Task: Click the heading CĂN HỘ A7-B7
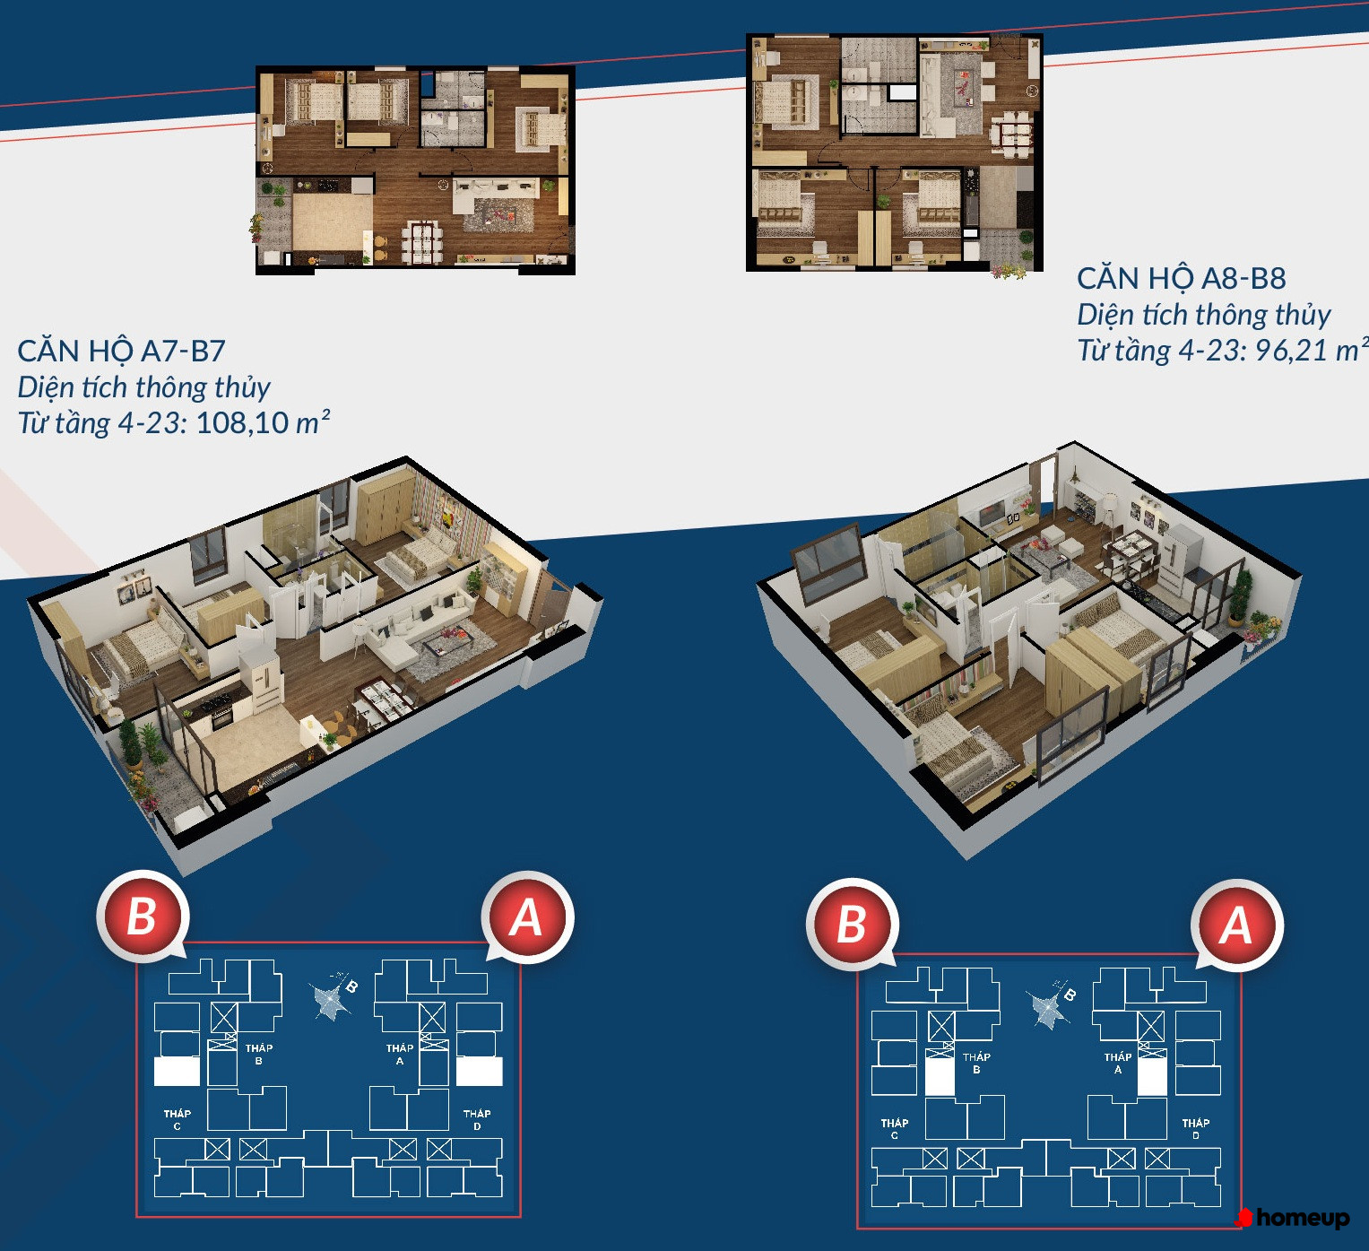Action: coord(121,351)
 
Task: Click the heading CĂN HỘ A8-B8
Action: coord(1182,278)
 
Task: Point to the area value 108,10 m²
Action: coord(264,422)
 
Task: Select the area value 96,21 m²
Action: coord(1311,350)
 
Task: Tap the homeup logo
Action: coord(1294,1218)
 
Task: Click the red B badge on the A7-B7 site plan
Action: coord(142,916)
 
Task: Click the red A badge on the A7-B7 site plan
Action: coord(527,917)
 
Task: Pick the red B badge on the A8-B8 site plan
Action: coord(852,925)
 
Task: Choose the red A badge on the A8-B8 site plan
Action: coord(1236,925)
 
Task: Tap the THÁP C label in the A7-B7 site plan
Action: coord(178,1119)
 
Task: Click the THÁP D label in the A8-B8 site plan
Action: coord(1196,1129)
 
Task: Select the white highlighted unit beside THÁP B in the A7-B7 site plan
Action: coord(177,1071)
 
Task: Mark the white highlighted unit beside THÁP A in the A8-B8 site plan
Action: coord(1152,1076)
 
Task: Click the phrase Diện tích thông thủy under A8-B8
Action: coord(1204,314)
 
